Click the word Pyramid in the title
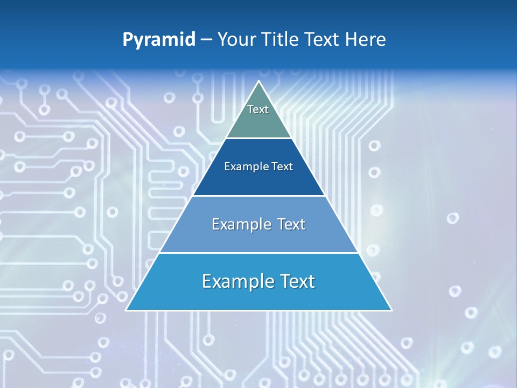159,40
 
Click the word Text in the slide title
324,39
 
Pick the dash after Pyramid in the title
206,40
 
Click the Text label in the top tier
258,109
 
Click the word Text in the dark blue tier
282,167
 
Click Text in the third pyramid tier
291,224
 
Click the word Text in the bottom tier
296,281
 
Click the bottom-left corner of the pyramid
126,310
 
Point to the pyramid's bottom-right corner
392,310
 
